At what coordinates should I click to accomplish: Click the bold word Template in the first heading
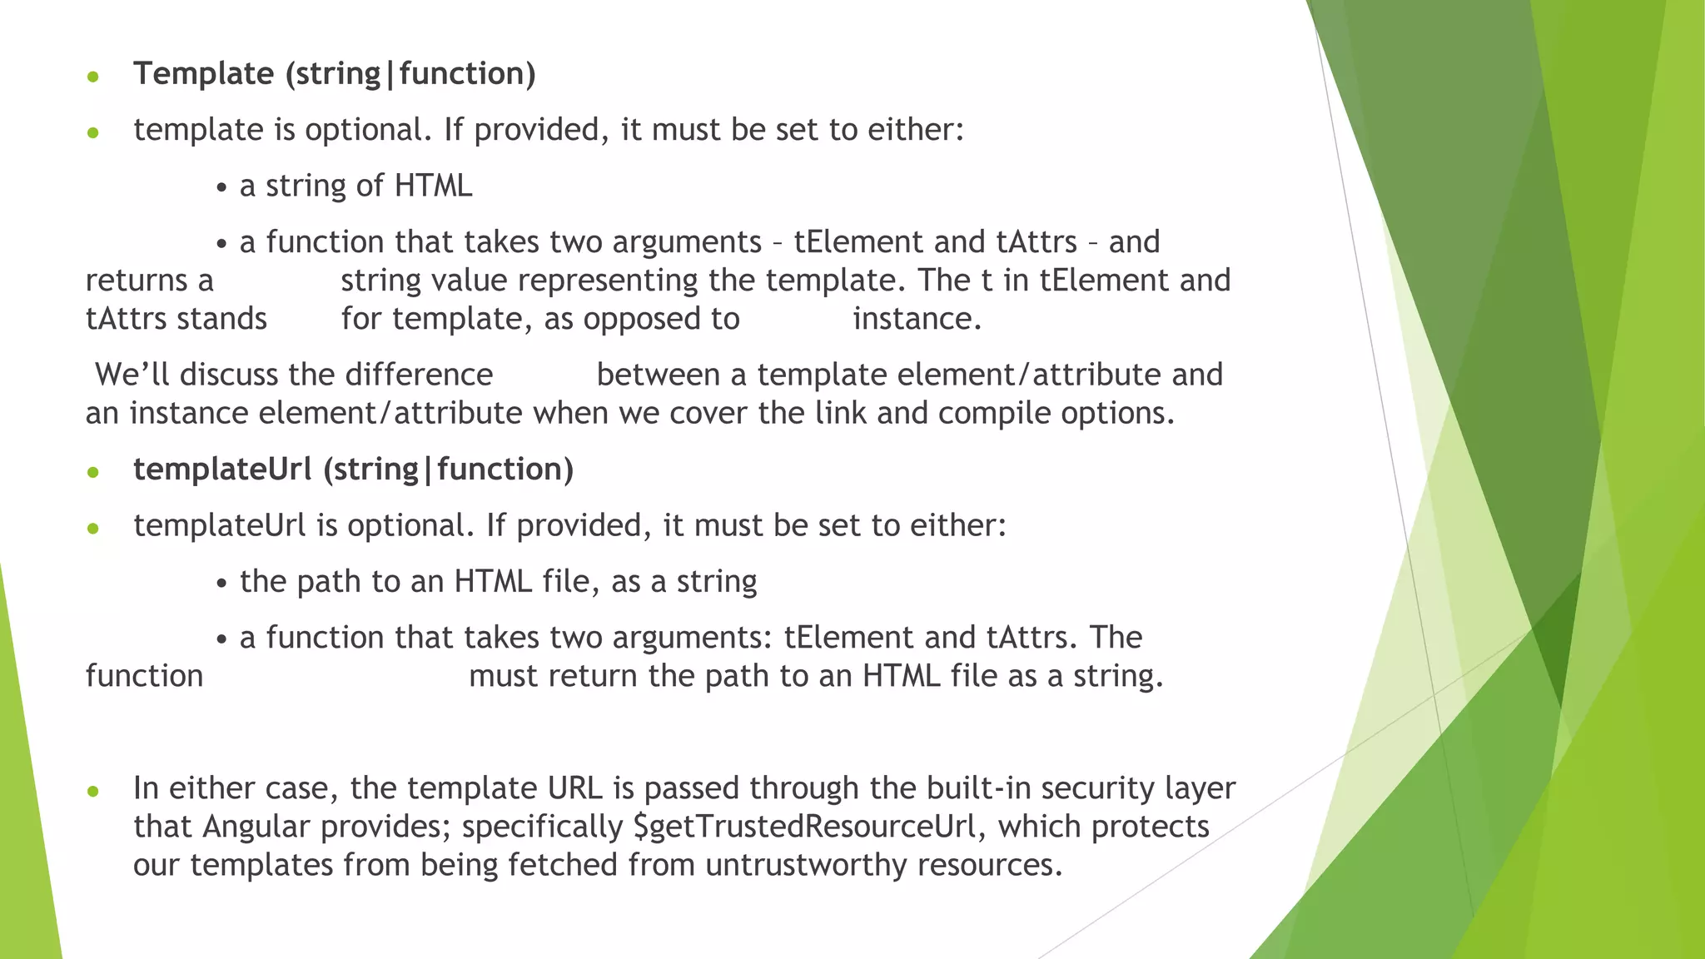pos(203,74)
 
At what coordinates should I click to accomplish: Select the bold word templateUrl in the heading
pos(221,470)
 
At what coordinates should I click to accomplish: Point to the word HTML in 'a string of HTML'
pos(433,186)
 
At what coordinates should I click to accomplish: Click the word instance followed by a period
pos(917,319)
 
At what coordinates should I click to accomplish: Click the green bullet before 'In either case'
pos(93,791)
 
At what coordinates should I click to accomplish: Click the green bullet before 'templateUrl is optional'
pos(93,529)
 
